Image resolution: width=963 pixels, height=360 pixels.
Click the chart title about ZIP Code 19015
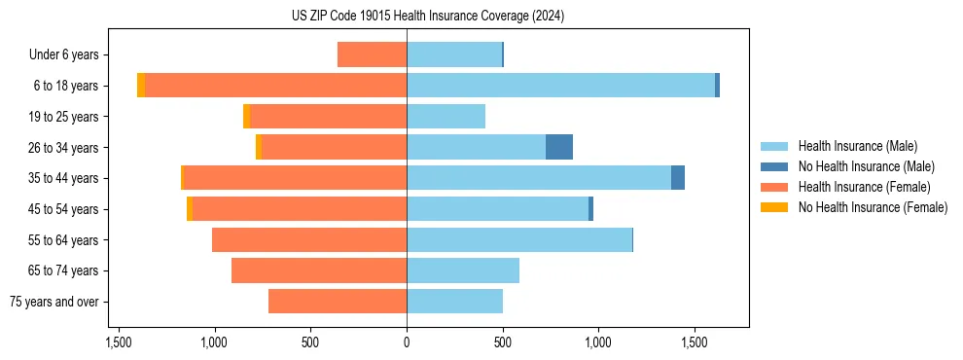coord(428,17)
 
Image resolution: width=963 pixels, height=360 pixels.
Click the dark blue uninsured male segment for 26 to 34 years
coord(559,147)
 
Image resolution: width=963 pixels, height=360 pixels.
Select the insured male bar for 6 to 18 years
coord(560,86)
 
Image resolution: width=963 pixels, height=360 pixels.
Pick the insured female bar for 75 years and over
coord(338,302)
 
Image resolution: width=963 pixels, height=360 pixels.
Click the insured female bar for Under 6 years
coord(372,54)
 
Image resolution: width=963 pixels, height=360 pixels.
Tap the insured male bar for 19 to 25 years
coord(446,117)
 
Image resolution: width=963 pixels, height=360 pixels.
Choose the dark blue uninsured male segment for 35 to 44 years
coord(678,178)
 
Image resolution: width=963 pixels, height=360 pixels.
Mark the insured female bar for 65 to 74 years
coord(319,270)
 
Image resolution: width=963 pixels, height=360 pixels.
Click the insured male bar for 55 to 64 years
coord(519,239)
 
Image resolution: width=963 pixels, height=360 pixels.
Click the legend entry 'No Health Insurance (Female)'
coord(873,207)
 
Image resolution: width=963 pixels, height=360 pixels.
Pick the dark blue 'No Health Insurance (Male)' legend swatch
coord(774,166)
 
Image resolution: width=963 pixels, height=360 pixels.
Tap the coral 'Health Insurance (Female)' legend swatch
coord(774,187)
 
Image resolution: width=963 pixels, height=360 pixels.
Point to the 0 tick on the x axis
coord(407,343)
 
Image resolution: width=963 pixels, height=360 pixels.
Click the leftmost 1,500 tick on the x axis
coord(119,343)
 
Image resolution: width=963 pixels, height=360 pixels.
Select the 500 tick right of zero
coord(503,343)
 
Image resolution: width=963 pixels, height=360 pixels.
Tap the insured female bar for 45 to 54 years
coord(300,209)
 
